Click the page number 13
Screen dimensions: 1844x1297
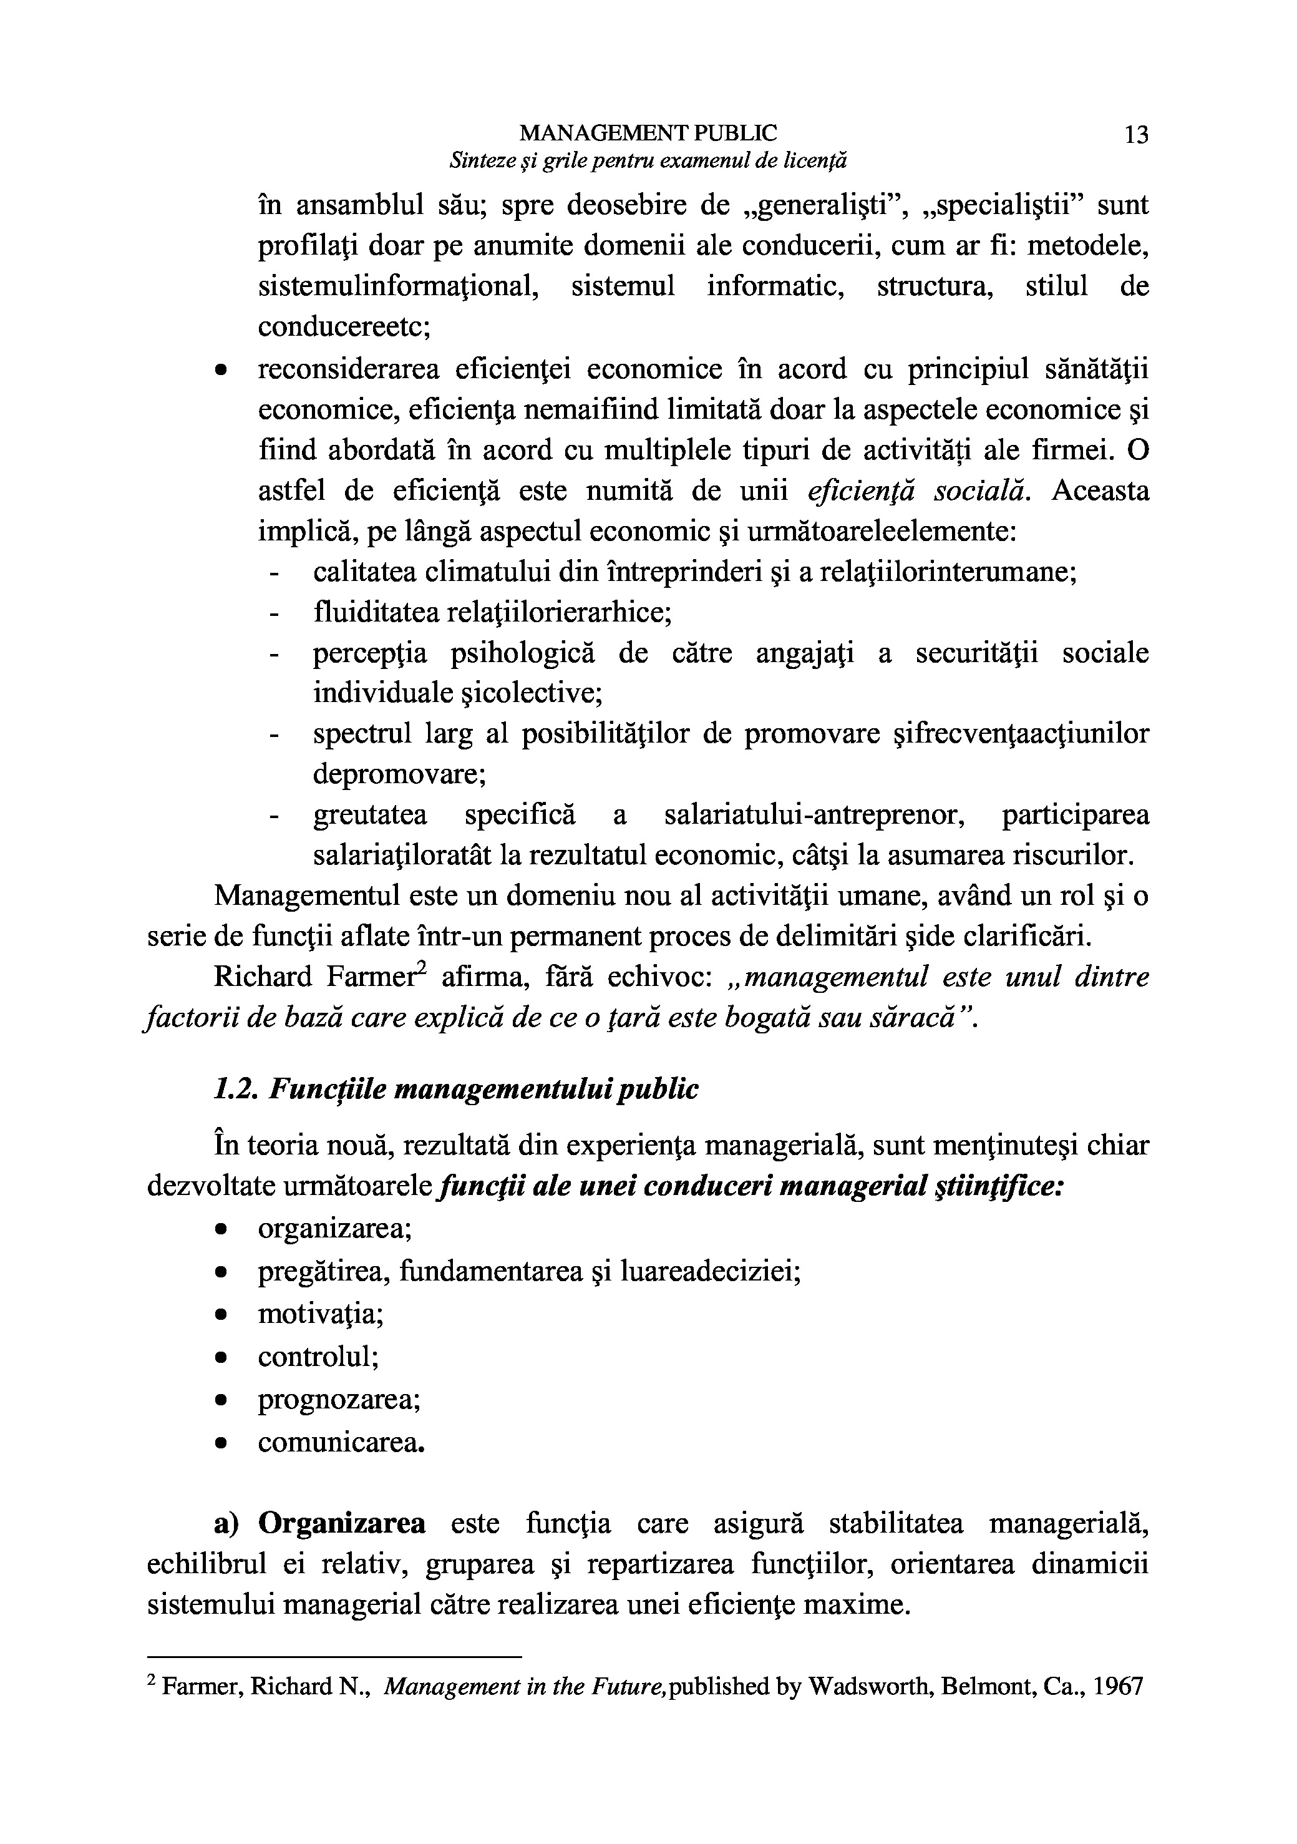pos(1137,135)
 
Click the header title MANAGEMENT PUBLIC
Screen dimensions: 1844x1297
pos(648,132)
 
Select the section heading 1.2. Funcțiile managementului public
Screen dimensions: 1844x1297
pos(456,1090)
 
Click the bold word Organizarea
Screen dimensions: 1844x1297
pos(342,1523)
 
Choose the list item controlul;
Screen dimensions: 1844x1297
pos(318,1357)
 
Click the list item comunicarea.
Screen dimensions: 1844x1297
pos(341,1442)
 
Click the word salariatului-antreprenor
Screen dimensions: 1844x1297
pos(814,815)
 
